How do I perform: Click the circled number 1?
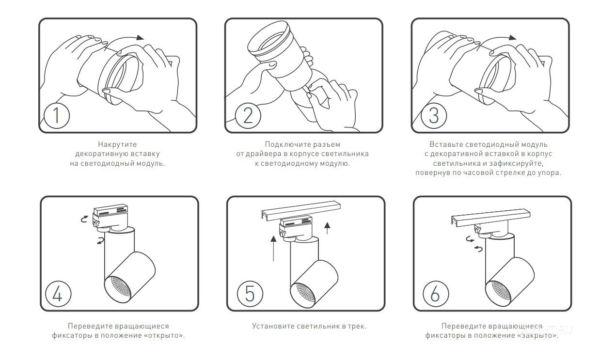(57, 115)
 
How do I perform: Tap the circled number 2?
(248, 115)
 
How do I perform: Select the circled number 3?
(434, 115)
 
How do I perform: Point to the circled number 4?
(58, 294)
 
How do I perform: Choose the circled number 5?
(250, 294)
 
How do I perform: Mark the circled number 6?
(436, 294)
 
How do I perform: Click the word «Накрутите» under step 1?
(117, 145)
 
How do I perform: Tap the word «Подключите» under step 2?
(284, 145)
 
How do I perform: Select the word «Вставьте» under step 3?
(446, 145)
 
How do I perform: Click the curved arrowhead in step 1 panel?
(140, 37)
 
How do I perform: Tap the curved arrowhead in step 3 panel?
(512, 37)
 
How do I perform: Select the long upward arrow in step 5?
(273, 249)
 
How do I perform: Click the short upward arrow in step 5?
(327, 228)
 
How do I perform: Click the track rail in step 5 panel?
(301, 211)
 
